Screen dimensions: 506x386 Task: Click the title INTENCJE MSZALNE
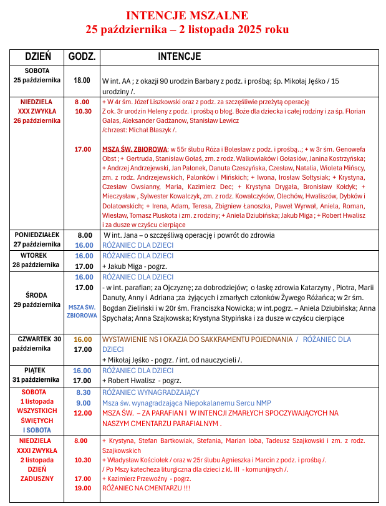(x=187, y=15)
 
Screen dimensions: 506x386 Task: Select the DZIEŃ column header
(x=37, y=57)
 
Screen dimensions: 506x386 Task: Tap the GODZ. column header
(x=82, y=57)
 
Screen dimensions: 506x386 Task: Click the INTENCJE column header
(x=179, y=57)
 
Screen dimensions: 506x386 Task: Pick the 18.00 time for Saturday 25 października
(x=82, y=80)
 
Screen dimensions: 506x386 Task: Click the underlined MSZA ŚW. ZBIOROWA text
(x=134, y=150)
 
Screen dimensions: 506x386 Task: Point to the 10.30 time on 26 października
(x=83, y=111)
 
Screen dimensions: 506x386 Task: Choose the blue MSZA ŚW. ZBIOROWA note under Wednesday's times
(x=82, y=311)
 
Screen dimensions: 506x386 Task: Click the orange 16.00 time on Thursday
(x=83, y=339)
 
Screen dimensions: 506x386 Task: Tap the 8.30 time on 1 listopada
(x=83, y=392)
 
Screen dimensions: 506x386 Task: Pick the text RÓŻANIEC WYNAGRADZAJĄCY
(x=150, y=392)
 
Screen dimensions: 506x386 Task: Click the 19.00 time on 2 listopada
(x=83, y=489)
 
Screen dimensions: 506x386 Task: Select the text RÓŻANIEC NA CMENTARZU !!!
(x=146, y=489)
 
